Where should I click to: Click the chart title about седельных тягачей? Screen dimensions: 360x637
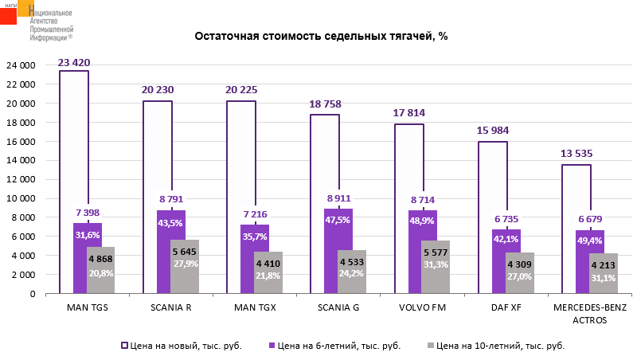point(322,37)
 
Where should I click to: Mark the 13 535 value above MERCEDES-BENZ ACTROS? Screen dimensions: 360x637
point(576,155)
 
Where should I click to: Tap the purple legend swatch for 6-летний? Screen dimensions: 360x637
point(272,346)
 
